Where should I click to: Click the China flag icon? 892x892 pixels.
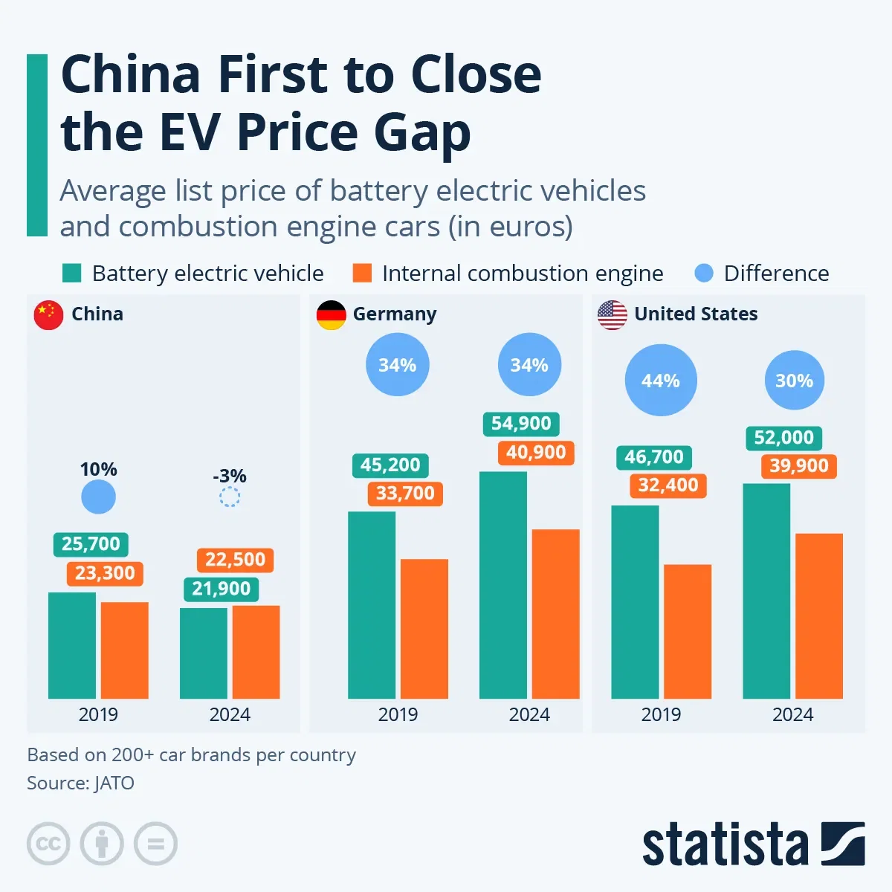click(49, 315)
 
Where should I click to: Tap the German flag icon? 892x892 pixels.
click(331, 315)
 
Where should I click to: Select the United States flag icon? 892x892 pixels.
click(612, 315)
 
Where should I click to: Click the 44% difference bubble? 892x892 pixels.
click(661, 381)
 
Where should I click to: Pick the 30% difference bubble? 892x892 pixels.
click(794, 381)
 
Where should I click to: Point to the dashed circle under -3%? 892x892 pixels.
click(230, 497)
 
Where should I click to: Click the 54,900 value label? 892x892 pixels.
click(521, 424)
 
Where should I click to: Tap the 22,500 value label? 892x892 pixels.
click(235, 560)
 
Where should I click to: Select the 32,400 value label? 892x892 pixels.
click(668, 485)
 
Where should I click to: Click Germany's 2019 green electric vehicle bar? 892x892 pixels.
click(372, 605)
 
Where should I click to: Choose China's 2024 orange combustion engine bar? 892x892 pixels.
click(256, 652)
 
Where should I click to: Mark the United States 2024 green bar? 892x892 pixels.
click(766, 591)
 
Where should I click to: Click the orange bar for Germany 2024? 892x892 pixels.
click(555, 614)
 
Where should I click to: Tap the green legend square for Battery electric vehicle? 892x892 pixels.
click(71, 273)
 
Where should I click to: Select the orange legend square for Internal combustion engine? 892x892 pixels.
click(362, 273)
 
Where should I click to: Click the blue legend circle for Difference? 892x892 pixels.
click(703, 273)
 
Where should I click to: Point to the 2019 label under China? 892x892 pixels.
click(98, 714)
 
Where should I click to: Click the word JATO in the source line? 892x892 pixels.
click(114, 783)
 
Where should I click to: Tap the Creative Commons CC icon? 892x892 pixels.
click(48, 844)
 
